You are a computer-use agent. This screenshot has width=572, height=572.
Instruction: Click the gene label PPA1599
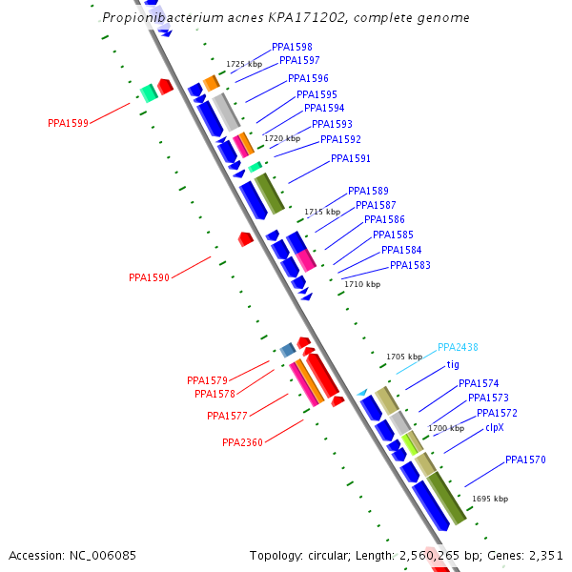point(68,123)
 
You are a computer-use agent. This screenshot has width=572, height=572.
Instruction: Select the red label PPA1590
point(149,277)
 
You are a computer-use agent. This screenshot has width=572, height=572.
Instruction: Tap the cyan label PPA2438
point(458,348)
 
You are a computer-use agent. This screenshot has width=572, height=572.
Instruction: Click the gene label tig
point(453,364)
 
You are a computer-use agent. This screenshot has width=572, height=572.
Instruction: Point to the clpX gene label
point(494,427)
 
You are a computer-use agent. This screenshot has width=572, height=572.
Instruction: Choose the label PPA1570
point(525,460)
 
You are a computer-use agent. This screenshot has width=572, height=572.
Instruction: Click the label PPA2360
point(242,442)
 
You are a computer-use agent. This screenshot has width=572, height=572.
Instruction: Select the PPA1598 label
point(292,47)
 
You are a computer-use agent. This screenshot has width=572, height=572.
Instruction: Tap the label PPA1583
point(410,265)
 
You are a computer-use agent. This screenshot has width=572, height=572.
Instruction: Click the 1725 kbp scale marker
point(244,64)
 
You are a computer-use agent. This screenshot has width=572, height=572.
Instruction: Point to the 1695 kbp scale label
point(490,499)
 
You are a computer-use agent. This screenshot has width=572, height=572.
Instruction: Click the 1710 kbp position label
point(362,284)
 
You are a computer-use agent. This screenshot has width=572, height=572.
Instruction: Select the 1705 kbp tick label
point(404,357)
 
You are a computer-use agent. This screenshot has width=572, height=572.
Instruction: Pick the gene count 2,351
point(543,555)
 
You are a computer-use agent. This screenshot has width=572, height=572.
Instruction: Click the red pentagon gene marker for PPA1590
point(245,238)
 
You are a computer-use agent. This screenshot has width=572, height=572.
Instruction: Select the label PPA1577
point(227,416)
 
